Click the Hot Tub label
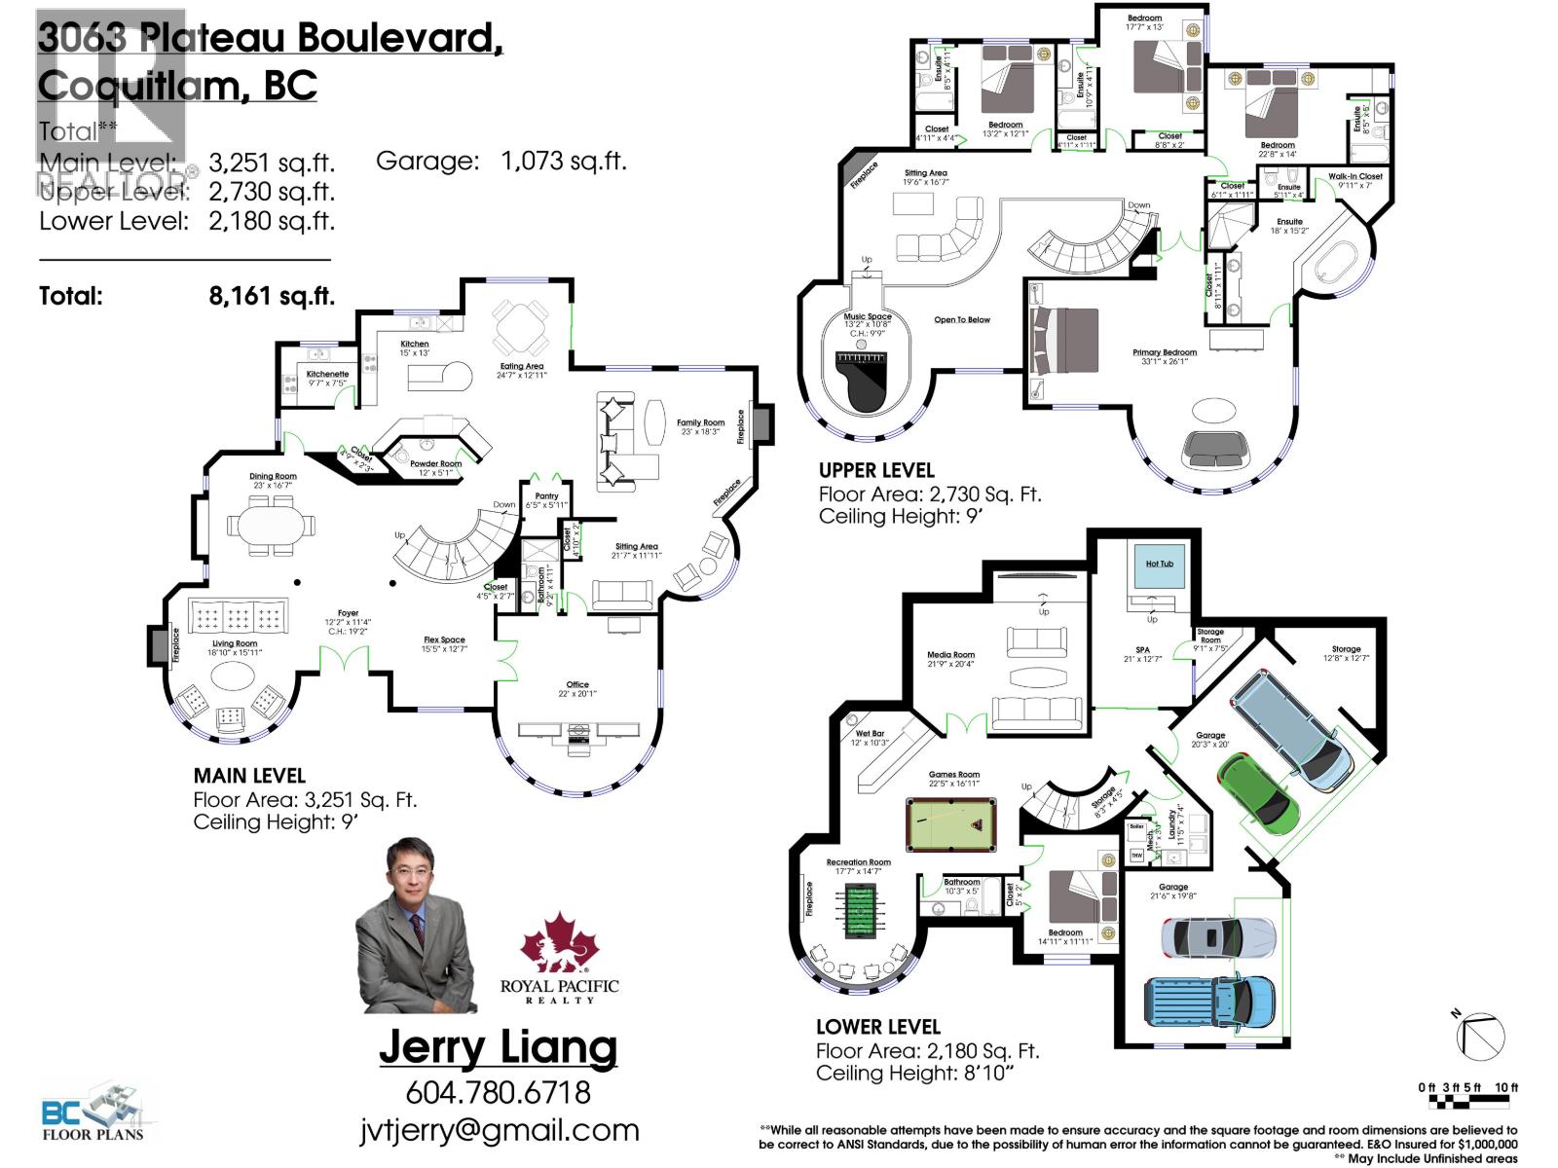1159,564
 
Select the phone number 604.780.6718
498,1092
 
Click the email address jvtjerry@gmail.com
499,1130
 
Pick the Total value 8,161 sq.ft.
272,296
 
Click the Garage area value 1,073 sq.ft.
564,162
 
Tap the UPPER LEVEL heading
875,470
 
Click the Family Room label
701,423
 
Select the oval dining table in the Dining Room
273,526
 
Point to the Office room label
577,684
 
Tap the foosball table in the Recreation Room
858,911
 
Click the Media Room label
950,655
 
